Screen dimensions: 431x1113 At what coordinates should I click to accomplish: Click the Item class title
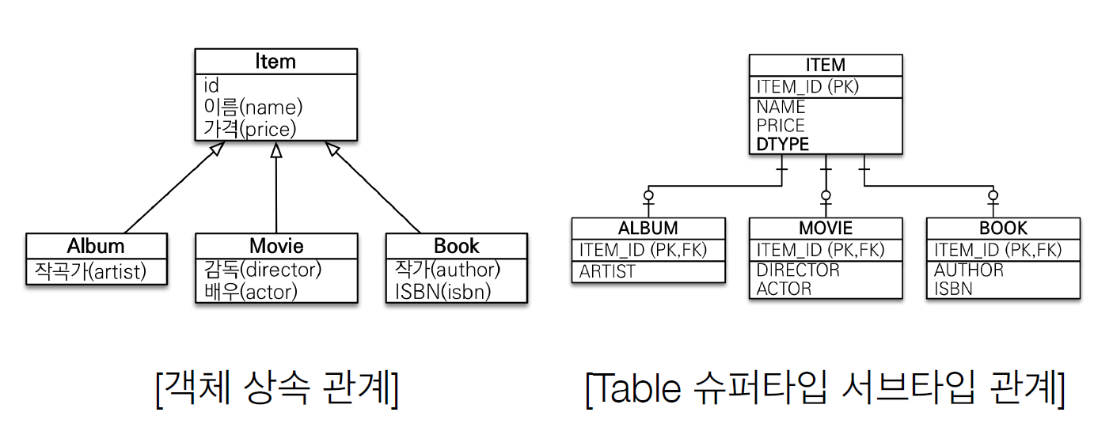[x=275, y=62]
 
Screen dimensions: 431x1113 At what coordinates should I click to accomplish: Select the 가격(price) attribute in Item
[x=250, y=129]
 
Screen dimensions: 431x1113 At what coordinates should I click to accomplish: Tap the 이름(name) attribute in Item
[x=253, y=107]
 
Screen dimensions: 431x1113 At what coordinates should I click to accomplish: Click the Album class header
[x=96, y=245]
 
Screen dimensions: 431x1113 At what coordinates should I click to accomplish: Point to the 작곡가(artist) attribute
[x=90, y=271]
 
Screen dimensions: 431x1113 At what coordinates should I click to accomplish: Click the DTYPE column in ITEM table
[x=783, y=144]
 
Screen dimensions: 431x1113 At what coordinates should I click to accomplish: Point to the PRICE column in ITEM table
[x=781, y=125]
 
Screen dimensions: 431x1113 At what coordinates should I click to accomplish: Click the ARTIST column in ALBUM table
[x=607, y=271]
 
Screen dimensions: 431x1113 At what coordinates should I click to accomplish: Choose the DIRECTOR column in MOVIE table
[x=798, y=270]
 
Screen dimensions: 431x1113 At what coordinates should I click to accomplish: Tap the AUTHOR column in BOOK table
[x=969, y=270]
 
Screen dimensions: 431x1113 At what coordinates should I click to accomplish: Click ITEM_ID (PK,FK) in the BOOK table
[x=997, y=250]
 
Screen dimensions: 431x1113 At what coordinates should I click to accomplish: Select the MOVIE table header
[x=826, y=229]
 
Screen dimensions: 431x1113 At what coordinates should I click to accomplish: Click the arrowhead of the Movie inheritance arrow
[x=276, y=150]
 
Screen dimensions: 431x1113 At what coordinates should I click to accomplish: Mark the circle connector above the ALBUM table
[x=648, y=195]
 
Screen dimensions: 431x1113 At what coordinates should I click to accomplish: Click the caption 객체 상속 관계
[x=277, y=388]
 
